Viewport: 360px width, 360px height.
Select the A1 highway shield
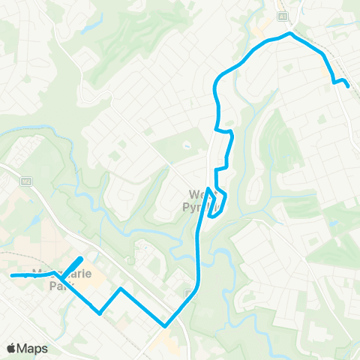point(283,15)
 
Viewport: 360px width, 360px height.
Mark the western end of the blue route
point(12,276)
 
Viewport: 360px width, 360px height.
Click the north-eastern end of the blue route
point(348,86)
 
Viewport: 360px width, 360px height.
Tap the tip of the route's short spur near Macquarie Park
point(81,259)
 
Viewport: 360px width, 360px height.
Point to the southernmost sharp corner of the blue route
point(165,325)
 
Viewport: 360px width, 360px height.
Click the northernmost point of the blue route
point(289,33)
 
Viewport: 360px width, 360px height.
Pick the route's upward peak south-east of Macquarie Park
point(120,288)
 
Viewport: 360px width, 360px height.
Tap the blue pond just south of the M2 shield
point(33,220)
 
